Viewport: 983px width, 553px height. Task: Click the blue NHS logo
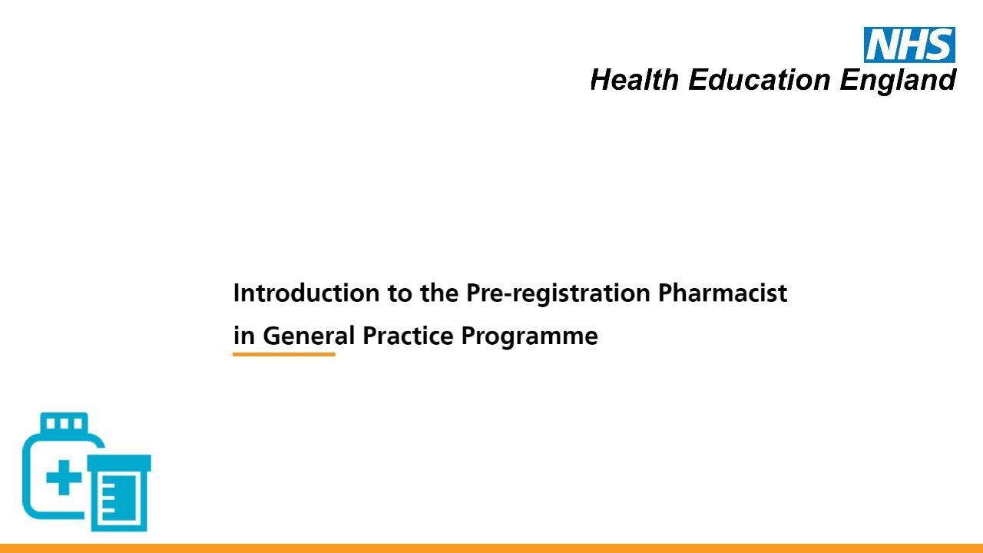coord(909,45)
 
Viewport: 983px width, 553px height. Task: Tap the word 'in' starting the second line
coord(244,336)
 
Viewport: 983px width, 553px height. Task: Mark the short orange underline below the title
coord(283,354)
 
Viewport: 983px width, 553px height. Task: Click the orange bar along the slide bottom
coord(491,548)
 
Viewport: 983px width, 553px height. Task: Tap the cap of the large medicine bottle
coord(64,423)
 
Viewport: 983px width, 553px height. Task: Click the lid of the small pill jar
coord(119,462)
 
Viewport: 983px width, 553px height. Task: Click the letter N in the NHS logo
coord(882,45)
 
